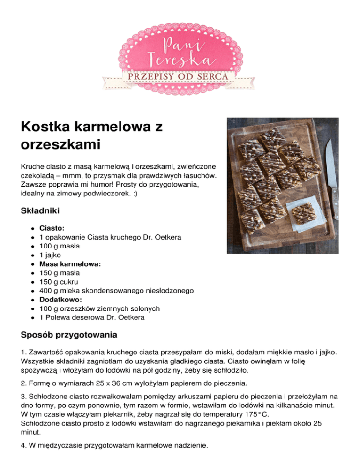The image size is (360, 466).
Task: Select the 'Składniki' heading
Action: click(x=40, y=211)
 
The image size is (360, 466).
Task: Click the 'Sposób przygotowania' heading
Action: click(x=69, y=335)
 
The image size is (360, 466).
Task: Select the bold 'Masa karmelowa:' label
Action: click(x=70, y=264)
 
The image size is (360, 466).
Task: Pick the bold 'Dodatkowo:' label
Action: click(x=60, y=300)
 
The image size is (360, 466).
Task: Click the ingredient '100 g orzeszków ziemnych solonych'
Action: click(x=100, y=308)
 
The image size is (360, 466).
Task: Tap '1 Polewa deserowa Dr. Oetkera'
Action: click(x=92, y=317)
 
